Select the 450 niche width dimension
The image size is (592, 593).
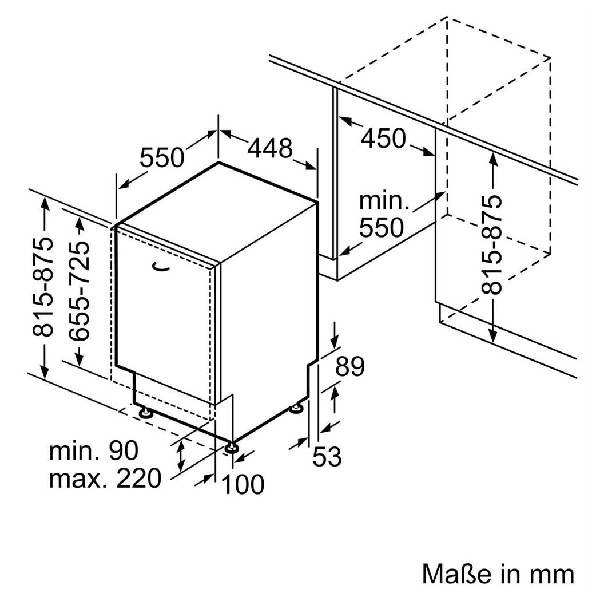pos(383,138)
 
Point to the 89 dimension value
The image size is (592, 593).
pos(350,366)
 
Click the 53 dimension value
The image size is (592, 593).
pos(327,457)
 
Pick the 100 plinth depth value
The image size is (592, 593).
pos(243,484)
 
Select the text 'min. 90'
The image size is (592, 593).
pos(93,451)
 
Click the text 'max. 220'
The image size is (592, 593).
pos(105,479)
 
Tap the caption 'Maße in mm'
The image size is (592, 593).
pos(498,573)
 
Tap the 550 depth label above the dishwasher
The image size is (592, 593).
pos(162,157)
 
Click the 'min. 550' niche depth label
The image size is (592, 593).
pos(382,215)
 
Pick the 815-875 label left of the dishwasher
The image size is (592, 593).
pos(45,286)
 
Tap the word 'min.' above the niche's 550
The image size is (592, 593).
pos(384,201)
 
